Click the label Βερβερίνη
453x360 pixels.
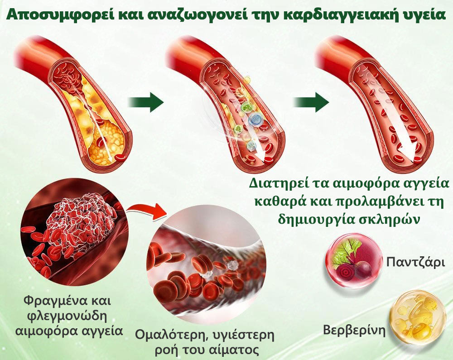point(354,330)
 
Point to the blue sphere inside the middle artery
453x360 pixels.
point(256,119)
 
